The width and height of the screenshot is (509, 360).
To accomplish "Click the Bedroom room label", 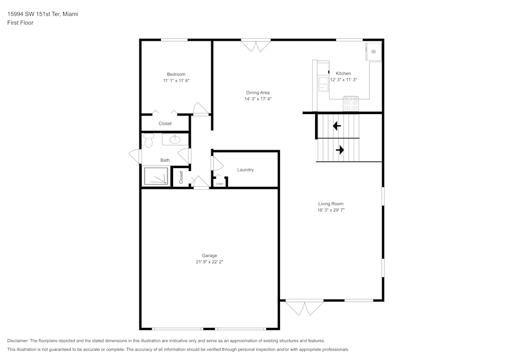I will tap(176, 74).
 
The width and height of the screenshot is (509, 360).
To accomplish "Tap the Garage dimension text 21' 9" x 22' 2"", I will tap(209, 262).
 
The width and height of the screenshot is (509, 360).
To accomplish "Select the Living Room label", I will tap(331, 204).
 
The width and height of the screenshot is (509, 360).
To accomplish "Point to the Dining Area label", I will tap(258, 93).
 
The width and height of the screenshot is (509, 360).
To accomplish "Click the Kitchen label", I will tap(343, 74).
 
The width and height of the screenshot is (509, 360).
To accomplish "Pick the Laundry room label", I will tap(245, 170).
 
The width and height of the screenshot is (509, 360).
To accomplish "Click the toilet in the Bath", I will tap(149, 140).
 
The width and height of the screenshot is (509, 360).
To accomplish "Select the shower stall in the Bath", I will tap(156, 177).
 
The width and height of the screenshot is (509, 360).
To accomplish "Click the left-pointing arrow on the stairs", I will tap(336, 126).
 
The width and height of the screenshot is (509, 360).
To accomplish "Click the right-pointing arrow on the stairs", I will tap(340, 150).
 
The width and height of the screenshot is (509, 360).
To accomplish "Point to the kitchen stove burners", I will tap(351, 105).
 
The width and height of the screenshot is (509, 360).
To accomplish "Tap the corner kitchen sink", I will tap(373, 51).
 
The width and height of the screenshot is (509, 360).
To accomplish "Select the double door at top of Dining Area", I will tap(256, 46).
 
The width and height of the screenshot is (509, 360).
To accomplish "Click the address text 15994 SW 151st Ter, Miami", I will tap(42, 14).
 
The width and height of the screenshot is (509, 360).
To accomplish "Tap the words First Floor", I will tap(20, 23).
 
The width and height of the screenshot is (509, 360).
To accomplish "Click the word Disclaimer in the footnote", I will tap(18, 341).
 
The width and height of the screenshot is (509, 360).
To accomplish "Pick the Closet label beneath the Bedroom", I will tap(165, 124).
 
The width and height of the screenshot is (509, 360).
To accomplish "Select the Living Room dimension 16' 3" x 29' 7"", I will tap(331, 210).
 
